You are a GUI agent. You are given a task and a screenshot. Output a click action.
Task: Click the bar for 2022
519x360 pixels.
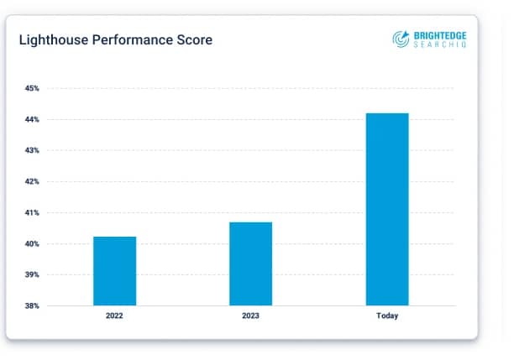[x=114, y=270]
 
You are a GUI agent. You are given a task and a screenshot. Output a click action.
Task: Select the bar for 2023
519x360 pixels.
[x=250, y=263]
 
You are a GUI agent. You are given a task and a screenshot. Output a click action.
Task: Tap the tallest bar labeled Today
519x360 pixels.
[x=387, y=209]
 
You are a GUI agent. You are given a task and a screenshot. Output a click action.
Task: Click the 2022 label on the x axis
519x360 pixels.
[x=114, y=316]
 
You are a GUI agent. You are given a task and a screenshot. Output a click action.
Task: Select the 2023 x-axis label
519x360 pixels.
[x=250, y=316]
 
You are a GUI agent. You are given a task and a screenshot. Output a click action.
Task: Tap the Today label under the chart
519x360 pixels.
[x=387, y=316]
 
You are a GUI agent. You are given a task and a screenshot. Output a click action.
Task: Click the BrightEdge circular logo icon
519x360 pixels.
[x=401, y=38]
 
